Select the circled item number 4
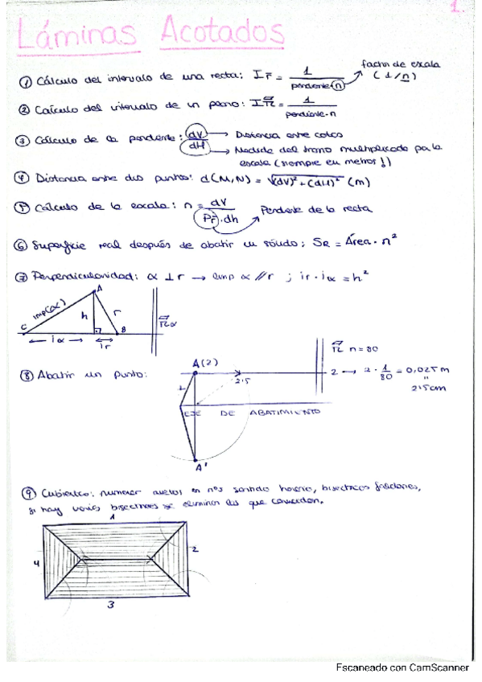click(x=25, y=179)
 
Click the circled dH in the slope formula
click(x=197, y=148)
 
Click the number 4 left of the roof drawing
click(x=35, y=564)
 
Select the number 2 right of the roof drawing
click(x=196, y=547)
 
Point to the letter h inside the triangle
click(x=84, y=316)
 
